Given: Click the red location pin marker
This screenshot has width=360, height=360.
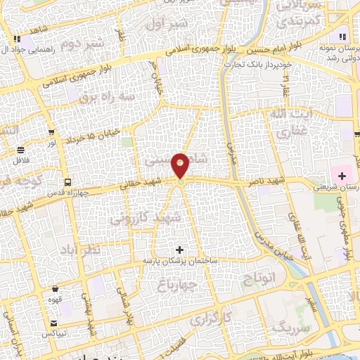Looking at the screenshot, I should click(x=181, y=166).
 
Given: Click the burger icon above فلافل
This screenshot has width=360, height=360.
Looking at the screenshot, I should click(x=21, y=150).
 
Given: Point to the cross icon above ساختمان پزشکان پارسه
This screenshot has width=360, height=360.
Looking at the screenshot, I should click(x=180, y=250).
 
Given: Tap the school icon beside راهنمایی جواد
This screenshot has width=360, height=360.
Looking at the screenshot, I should click(x=16, y=39).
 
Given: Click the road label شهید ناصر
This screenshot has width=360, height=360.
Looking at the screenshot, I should click(x=265, y=181).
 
